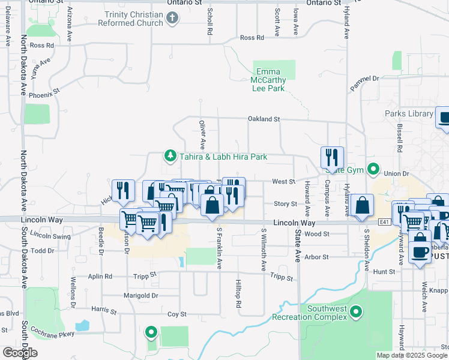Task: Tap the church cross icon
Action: [x=172, y=18]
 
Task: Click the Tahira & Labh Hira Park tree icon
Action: [x=170, y=157]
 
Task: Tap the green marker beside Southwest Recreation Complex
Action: [x=357, y=312]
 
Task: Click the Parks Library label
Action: [x=409, y=113]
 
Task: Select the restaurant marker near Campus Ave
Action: [x=332, y=158]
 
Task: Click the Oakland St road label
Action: [x=264, y=119]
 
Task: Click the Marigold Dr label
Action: [x=142, y=295]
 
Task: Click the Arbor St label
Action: [x=316, y=257]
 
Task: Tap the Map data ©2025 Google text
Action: [x=410, y=355]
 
